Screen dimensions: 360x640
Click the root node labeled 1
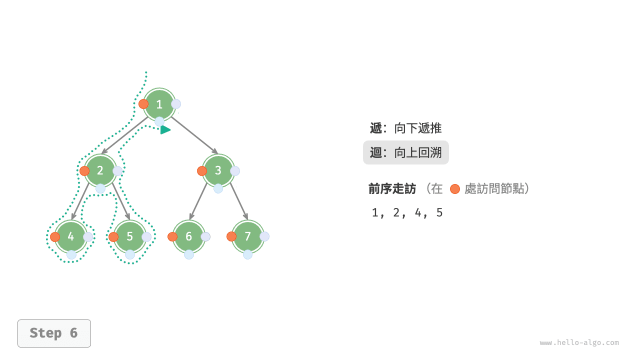click(x=159, y=104)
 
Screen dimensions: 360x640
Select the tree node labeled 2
click(x=100, y=170)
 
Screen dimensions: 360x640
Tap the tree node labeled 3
click(x=218, y=170)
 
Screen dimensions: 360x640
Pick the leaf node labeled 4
click(x=71, y=236)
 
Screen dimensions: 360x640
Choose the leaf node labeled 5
click(x=130, y=236)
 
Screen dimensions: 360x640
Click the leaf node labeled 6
click(x=188, y=236)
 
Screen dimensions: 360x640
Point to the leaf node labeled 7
click(x=247, y=236)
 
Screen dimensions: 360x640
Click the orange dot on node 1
click(x=143, y=104)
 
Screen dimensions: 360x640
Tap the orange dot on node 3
click(x=202, y=170)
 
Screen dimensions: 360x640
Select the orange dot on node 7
click(x=231, y=236)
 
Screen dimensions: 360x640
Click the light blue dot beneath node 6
click(x=189, y=254)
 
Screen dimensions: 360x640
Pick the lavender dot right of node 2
click(x=117, y=171)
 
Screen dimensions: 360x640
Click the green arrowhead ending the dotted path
click(x=165, y=130)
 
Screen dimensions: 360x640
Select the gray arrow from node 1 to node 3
click(x=195, y=135)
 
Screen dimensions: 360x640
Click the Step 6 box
click(x=54, y=333)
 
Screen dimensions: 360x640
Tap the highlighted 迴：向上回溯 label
click(x=405, y=152)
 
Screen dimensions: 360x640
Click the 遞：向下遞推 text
click(x=405, y=128)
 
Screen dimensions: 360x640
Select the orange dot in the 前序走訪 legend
click(x=454, y=189)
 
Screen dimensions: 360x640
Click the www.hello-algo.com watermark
click(x=579, y=343)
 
